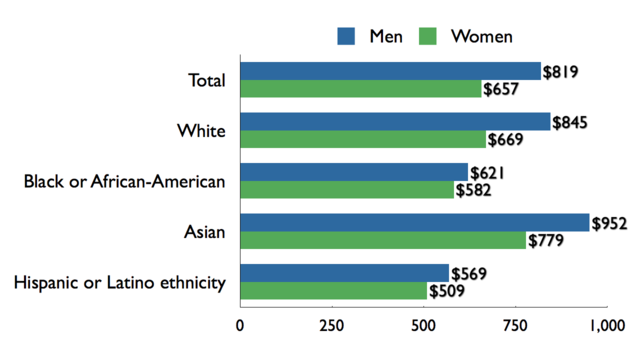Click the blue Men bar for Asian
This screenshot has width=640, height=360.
414,222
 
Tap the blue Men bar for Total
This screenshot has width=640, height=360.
390,71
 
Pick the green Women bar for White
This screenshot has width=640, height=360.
362,139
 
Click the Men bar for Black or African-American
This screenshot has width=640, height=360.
353,172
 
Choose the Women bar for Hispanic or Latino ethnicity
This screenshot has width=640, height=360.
333,291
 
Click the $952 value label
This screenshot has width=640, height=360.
609,223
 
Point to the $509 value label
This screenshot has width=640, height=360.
448,292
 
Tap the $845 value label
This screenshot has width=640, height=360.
569,122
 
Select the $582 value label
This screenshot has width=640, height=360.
474,190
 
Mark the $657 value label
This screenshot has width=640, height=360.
501,89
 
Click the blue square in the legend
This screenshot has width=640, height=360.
346,36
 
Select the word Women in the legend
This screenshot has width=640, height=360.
482,37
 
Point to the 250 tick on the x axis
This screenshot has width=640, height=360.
331,325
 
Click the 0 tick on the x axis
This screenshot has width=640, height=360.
240,325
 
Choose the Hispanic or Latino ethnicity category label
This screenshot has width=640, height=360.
119,283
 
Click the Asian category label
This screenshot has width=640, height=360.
205,232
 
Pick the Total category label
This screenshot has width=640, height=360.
207,80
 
